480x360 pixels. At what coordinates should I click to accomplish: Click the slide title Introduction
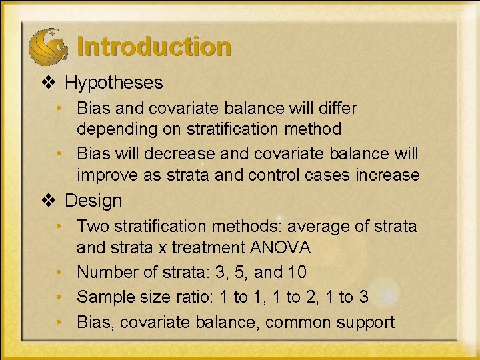click(154, 47)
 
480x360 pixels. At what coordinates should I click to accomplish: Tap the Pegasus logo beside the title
click(47, 45)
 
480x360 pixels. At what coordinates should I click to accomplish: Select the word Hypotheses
click(114, 83)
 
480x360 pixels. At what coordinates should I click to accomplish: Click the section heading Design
click(94, 201)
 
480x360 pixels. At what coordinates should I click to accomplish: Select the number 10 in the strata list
click(297, 273)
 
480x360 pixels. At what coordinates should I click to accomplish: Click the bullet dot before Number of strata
click(61, 273)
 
